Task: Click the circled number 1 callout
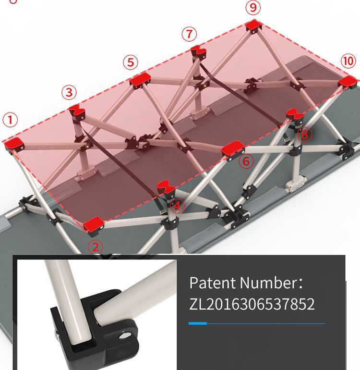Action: tap(10, 120)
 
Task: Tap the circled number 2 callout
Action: tap(96, 247)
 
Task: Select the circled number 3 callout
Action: tap(69, 92)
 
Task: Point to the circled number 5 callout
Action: tap(131, 62)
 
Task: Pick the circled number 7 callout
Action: tap(189, 34)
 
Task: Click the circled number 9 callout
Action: tap(253, 7)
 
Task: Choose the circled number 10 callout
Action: tap(348, 61)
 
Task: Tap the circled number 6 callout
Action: tap(246, 161)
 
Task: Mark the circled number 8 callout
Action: tap(305, 134)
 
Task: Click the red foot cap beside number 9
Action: tap(253, 25)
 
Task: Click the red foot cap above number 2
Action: tap(94, 223)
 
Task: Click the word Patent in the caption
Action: tap(213, 283)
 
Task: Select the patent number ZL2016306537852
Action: tap(252, 304)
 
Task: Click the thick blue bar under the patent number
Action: tap(198, 323)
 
